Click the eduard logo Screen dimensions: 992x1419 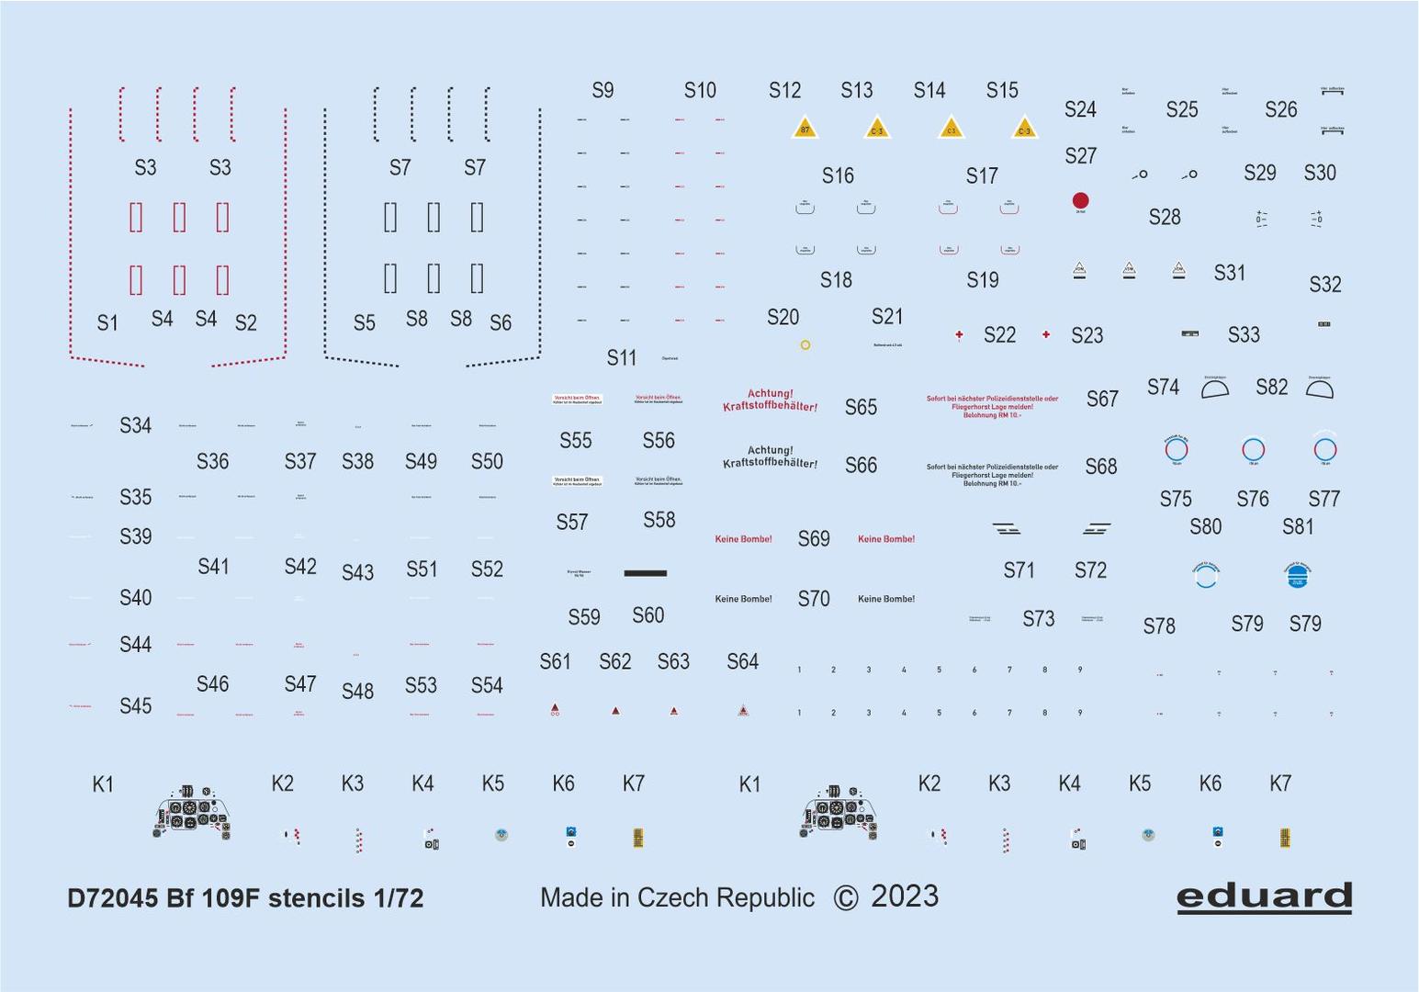click(x=1264, y=896)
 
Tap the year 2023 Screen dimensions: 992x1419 click(x=905, y=896)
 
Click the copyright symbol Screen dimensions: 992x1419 click(x=845, y=898)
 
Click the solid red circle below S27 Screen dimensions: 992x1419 click(x=1080, y=200)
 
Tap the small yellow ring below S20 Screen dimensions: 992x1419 click(x=805, y=345)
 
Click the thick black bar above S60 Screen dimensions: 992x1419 click(x=645, y=573)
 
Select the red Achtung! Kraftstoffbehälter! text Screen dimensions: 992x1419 click(x=770, y=400)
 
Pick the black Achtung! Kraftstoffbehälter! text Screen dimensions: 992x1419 click(x=770, y=457)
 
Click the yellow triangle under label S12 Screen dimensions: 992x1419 click(x=805, y=128)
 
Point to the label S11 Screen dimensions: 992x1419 click(x=621, y=358)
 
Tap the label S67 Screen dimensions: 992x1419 click(x=1102, y=399)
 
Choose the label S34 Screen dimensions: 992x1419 click(x=135, y=425)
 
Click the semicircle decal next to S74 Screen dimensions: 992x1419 click(x=1215, y=389)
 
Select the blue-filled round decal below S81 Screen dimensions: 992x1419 click(x=1297, y=575)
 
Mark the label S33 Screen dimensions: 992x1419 click(x=1244, y=335)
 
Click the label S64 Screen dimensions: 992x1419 click(x=742, y=661)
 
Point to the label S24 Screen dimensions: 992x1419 click(x=1080, y=110)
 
